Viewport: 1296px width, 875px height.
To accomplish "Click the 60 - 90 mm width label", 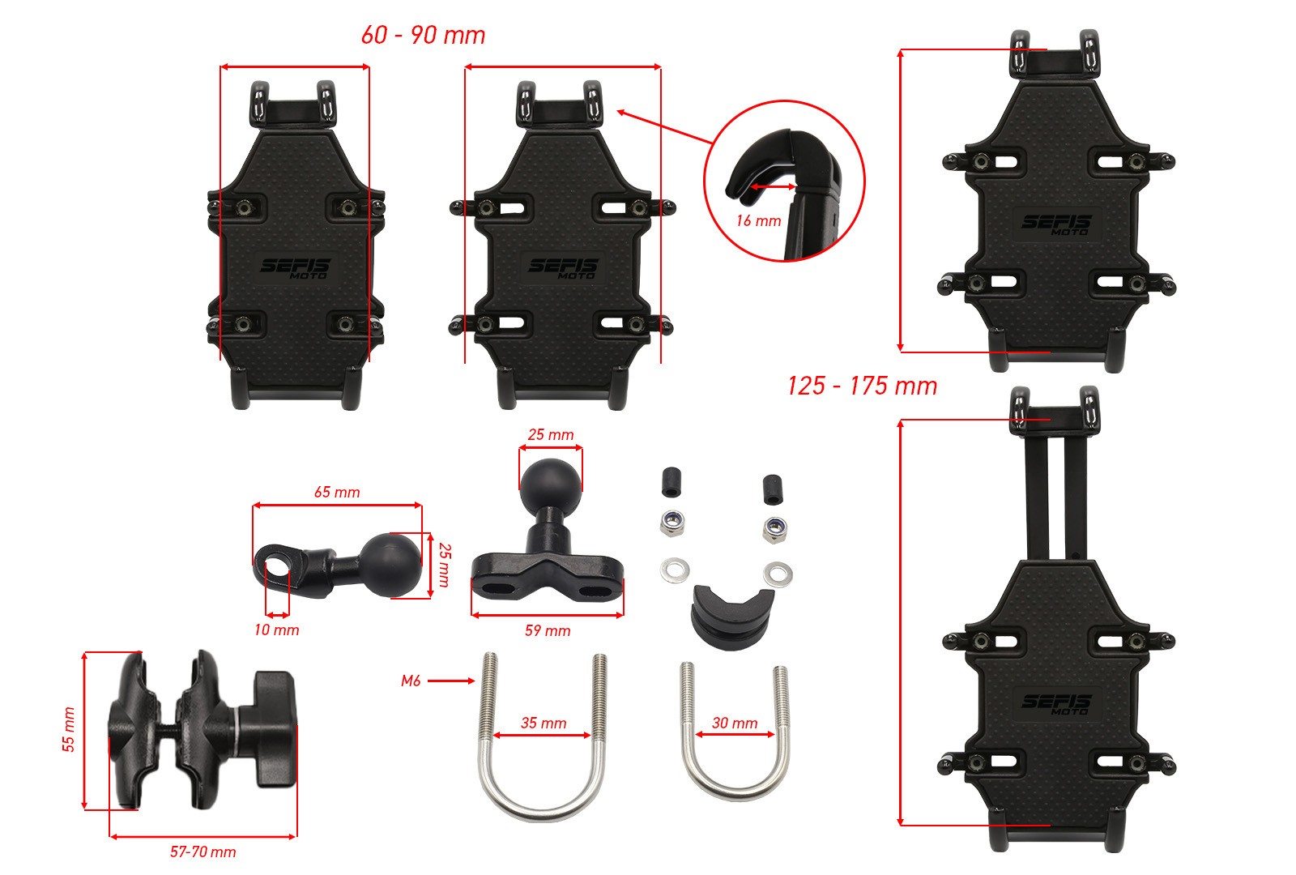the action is [x=423, y=36].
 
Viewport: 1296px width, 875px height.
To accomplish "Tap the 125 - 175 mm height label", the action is [x=862, y=386].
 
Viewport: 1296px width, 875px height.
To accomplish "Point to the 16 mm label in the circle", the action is [x=758, y=220].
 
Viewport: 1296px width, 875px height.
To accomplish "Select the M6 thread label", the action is [x=411, y=681].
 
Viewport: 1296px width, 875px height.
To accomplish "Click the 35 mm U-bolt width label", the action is [x=544, y=723].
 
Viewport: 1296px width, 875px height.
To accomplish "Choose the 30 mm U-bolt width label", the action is [x=735, y=723].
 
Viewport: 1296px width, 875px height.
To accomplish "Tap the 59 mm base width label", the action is [x=548, y=631].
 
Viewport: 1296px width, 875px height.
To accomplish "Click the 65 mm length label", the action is [x=337, y=492].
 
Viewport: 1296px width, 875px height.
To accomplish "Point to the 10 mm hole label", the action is [x=276, y=630].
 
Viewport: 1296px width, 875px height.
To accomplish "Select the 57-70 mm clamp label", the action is [x=203, y=852].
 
